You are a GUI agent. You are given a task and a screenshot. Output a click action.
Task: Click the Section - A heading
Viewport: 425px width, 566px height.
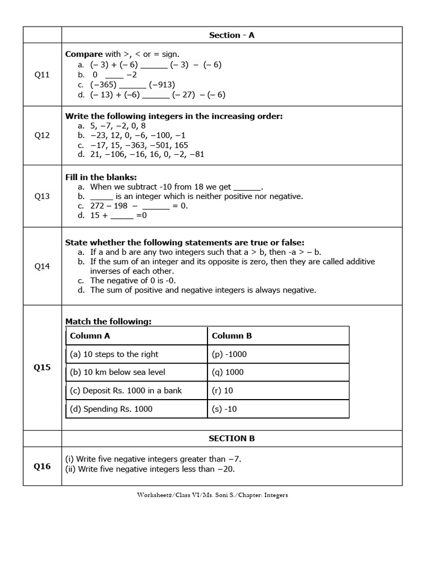231,35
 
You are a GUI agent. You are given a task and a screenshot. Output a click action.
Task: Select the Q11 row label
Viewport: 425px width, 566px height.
42,75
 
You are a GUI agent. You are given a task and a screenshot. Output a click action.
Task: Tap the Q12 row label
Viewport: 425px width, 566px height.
42,135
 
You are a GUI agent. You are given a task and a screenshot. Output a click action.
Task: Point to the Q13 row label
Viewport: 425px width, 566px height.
42,196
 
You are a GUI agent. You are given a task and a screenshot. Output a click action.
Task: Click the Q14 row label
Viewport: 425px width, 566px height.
42,266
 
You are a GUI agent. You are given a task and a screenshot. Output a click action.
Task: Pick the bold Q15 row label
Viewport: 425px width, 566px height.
42,368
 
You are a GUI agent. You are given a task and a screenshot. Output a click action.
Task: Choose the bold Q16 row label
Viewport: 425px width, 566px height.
42,466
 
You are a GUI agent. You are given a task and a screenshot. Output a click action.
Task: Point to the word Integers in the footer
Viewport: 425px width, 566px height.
276,495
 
